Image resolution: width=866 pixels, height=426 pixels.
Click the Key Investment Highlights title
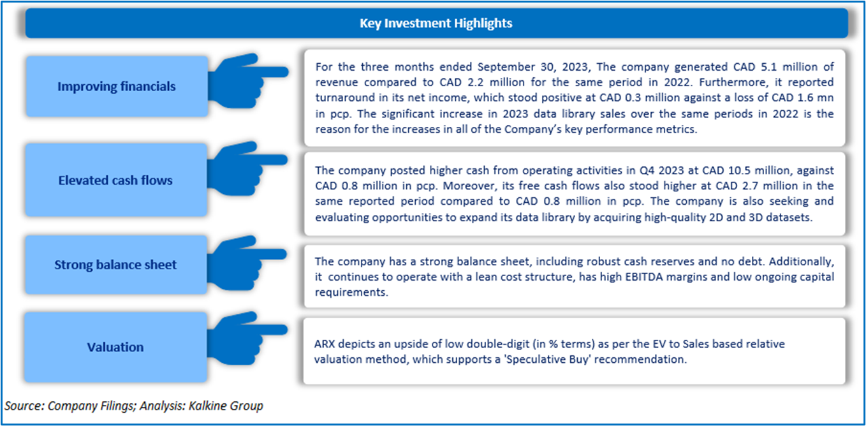436,23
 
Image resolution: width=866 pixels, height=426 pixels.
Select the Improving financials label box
117,86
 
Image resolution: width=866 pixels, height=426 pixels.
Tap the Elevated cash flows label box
116,180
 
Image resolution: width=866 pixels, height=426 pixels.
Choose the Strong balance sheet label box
115,265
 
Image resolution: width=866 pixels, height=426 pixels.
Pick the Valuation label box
115,347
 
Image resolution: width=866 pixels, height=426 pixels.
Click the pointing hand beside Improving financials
247,80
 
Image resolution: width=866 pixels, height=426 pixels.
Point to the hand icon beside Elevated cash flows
247,168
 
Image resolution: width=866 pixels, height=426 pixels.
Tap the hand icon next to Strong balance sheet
246,263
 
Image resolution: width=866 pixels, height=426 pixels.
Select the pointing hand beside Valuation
247,338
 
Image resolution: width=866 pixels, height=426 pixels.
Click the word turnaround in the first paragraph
345,98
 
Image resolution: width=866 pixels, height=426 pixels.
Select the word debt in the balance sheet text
751,261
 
